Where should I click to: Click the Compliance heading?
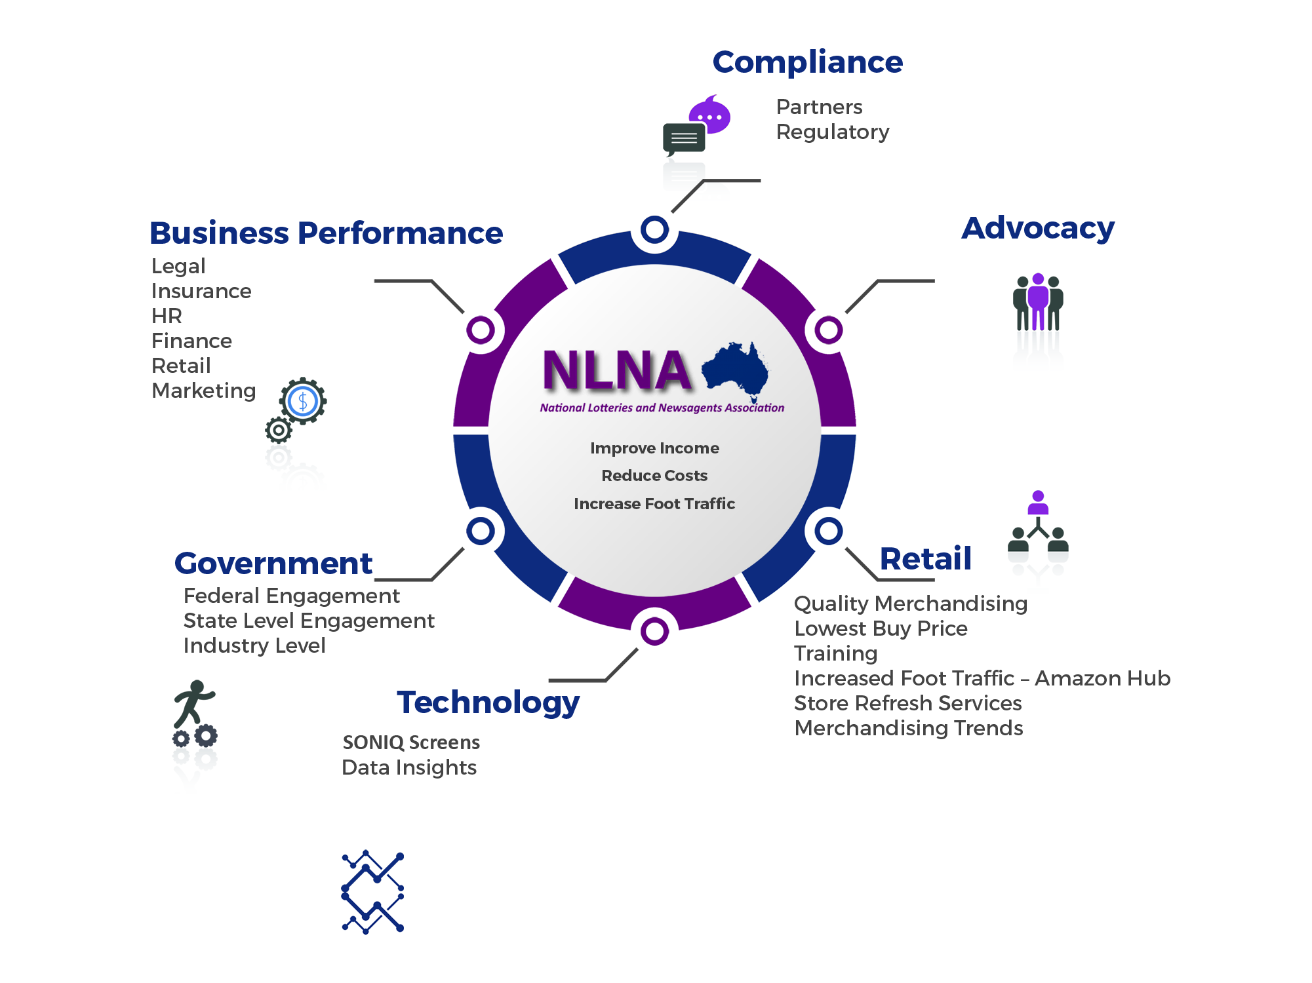coord(807,63)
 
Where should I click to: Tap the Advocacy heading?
coord(1037,229)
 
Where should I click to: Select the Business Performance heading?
coord(327,233)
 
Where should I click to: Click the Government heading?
coord(273,564)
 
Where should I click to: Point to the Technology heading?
coord(488,703)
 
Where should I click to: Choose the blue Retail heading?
coord(924,559)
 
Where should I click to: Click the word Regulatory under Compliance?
coord(833,132)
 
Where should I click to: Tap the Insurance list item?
coord(202,291)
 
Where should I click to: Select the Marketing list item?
coord(203,391)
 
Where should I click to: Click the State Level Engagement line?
coord(308,621)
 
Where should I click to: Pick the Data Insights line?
coord(410,767)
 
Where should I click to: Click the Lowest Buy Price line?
coord(881,628)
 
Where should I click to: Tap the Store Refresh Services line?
coord(907,703)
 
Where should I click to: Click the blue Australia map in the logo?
coord(735,369)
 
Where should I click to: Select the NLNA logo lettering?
coord(616,371)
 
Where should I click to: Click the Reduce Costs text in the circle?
coord(654,476)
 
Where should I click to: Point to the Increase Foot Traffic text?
coord(654,504)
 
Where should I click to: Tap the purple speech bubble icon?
coord(709,119)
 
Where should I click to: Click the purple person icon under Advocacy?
coord(1038,300)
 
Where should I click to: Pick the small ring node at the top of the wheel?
coord(654,230)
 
